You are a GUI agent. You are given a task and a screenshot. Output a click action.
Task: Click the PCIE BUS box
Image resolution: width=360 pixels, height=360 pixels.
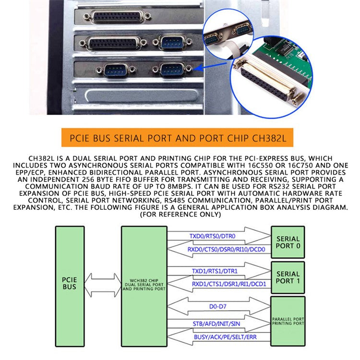point(70,283)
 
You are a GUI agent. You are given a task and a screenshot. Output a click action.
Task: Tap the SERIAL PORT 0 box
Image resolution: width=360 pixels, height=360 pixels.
point(288,242)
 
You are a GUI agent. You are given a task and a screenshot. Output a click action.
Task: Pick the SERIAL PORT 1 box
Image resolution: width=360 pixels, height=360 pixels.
point(288,277)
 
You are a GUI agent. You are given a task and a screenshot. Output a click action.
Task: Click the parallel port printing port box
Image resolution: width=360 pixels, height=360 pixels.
point(288,321)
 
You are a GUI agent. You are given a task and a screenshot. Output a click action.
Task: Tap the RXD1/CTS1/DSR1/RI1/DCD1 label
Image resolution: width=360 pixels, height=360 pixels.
point(222,284)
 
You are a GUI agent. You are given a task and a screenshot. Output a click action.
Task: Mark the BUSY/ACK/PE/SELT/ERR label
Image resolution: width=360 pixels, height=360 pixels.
point(225,337)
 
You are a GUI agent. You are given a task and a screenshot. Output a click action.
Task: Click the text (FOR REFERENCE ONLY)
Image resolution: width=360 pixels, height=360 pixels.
point(180,215)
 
